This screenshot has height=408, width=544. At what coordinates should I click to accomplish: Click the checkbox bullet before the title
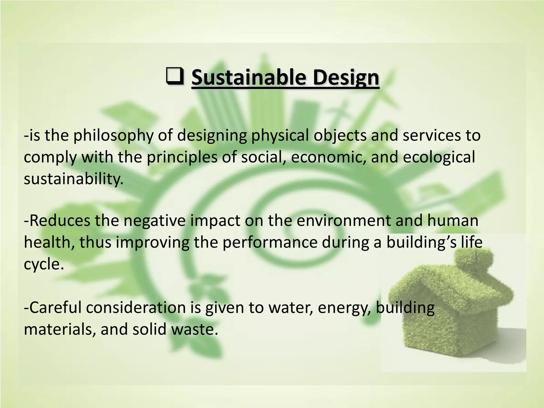pos(175,76)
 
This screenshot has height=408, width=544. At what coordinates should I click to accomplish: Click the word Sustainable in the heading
pos(249,77)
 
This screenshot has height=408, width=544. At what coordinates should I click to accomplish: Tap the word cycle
pos(44,265)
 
